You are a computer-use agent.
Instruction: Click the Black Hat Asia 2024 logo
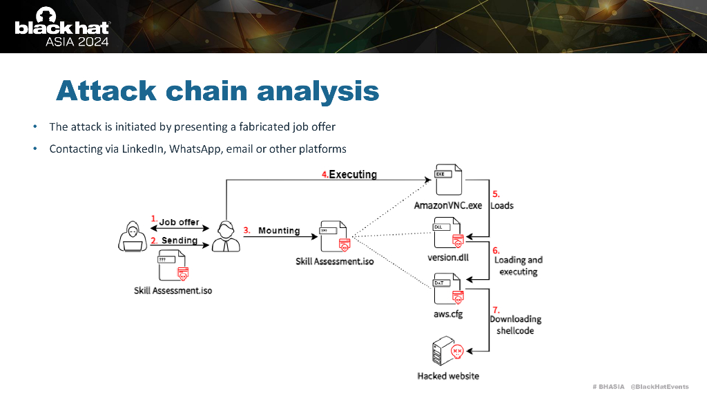click(62, 27)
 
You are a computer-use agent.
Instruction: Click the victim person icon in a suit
click(226, 236)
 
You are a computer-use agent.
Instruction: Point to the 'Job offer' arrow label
click(180, 222)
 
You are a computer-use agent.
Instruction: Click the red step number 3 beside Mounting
click(246, 230)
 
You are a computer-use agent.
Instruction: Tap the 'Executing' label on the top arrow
click(353, 174)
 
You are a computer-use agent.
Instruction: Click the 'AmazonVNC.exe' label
click(448, 205)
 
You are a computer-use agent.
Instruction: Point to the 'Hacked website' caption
click(448, 376)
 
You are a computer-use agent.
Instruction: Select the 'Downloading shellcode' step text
click(515, 325)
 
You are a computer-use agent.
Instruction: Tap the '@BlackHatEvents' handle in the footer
click(659, 386)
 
